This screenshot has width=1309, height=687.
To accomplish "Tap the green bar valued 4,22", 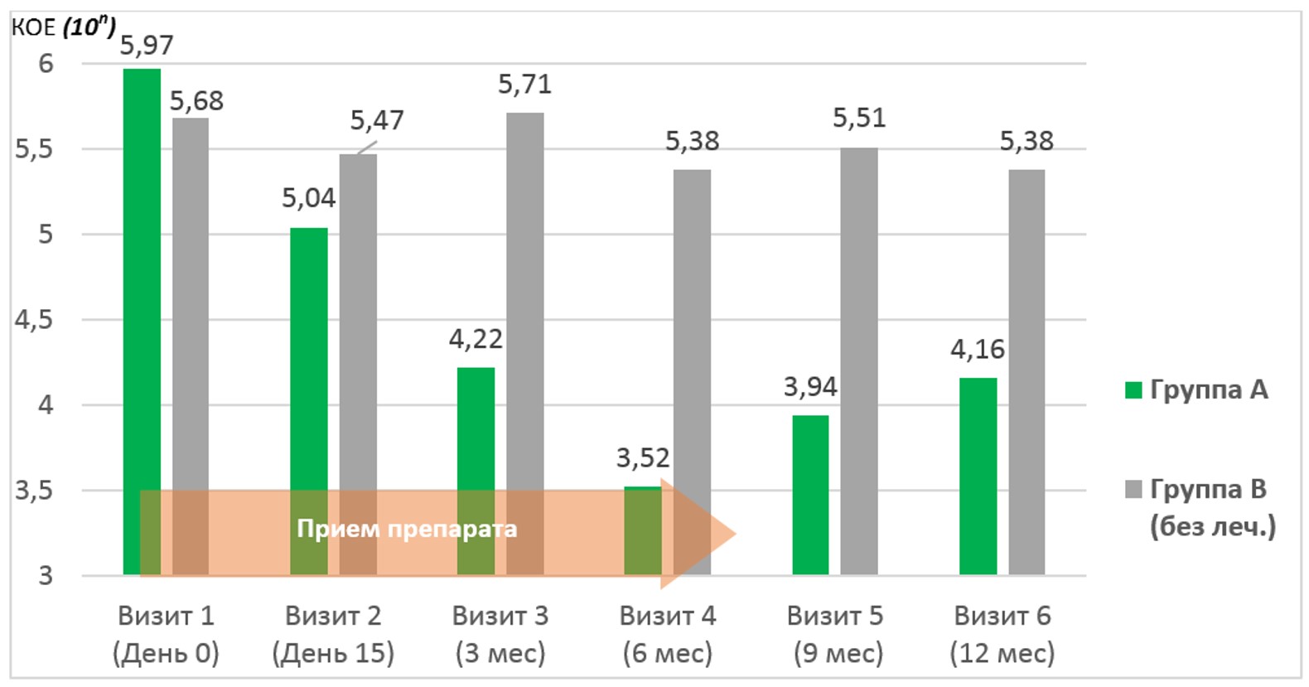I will (x=476, y=431).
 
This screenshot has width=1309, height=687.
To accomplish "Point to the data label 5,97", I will (x=147, y=45).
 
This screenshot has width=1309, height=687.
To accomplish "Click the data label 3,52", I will (x=642, y=457).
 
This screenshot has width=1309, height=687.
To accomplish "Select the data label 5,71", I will (x=524, y=84).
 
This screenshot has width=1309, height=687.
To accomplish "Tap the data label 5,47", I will (x=377, y=120).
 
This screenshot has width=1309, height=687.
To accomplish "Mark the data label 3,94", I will (x=810, y=386).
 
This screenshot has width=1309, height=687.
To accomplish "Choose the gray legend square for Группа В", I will (x=1133, y=489).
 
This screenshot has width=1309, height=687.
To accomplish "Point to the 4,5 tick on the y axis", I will (x=33, y=320).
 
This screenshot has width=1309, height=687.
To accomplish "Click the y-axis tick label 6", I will (x=46, y=63).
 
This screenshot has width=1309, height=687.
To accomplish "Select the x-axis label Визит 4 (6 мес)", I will (x=668, y=634).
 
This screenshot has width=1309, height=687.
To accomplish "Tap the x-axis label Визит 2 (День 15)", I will (x=333, y=634).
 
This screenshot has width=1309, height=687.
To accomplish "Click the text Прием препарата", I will (x=407, y=529).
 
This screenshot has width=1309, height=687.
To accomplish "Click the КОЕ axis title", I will (x=63, y=27).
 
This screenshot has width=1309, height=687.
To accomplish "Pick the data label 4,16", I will (x=978, y=349).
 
